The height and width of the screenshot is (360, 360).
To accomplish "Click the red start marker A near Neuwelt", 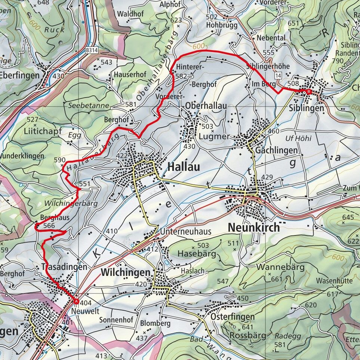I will click(76, 301).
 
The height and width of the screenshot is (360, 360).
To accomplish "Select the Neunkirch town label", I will click(253, 227).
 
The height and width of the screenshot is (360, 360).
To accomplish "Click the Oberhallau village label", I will click(206, 106).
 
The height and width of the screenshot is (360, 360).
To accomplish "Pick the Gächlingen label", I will click(277, 150).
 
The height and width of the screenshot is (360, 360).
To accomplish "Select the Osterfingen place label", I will click(237, 317).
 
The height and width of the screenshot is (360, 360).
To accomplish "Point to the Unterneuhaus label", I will click(185, 232).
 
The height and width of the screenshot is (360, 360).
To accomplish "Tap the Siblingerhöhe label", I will click(268, 66).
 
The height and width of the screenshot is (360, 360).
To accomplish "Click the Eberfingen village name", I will click(19, 75).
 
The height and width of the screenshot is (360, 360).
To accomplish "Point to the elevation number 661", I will click(277, 279).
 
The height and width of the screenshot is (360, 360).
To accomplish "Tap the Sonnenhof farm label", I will click(116, 320).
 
